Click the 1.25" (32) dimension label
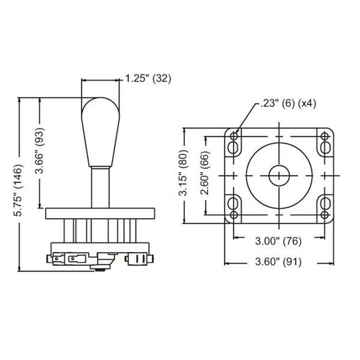point(148,78)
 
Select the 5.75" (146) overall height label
point(19,190)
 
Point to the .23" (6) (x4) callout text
point(288,103)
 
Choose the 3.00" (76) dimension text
point(278,241)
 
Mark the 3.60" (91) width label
point(278,263)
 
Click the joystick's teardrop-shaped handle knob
point(100,132)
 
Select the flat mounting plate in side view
point(100,214)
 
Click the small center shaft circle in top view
point(279,175)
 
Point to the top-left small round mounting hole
point(234,136)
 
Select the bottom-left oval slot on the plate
point(234,204)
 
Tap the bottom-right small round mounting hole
point(324,215)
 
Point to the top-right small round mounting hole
point(324,136)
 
